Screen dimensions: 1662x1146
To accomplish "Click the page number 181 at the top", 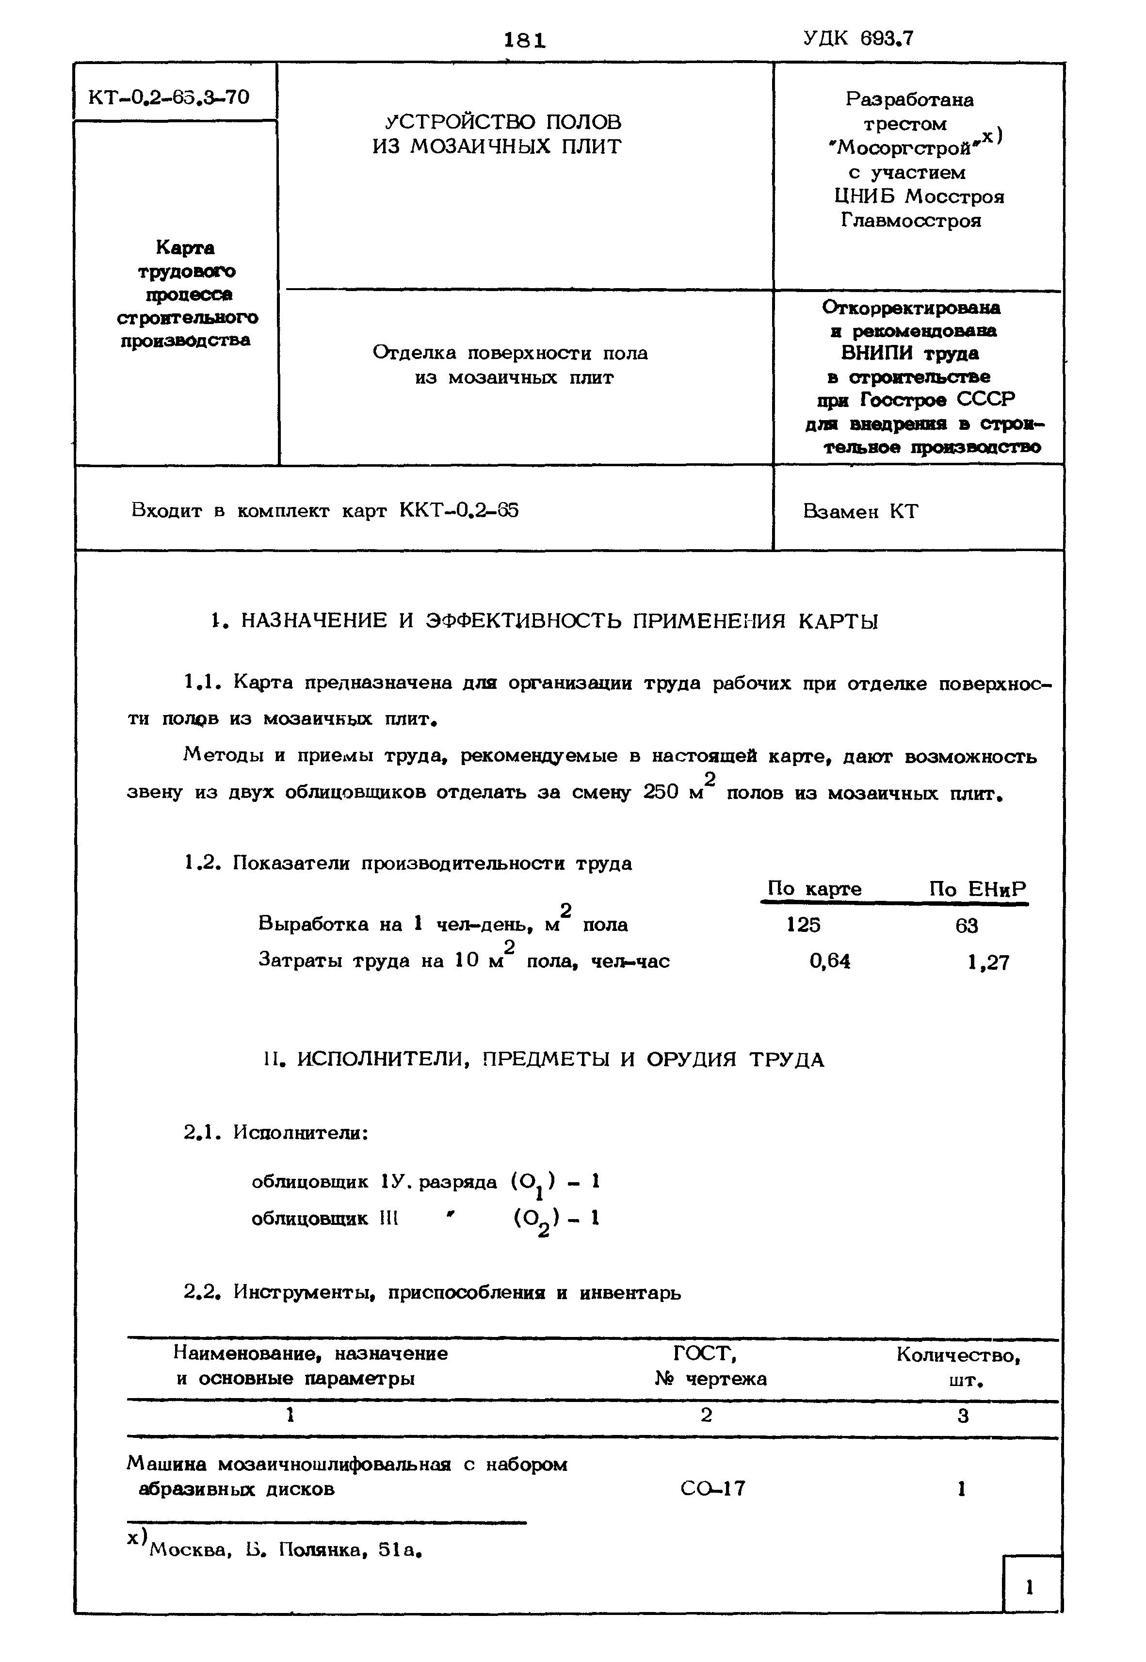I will (525, 40).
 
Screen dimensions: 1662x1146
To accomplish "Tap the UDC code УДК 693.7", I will (859, 37).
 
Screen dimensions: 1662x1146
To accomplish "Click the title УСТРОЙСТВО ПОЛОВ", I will (503, 121).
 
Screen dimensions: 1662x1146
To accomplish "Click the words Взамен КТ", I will (860, 511).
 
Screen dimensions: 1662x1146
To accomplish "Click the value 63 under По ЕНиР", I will (967, 926).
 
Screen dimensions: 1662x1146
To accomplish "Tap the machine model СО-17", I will (712, 1489).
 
